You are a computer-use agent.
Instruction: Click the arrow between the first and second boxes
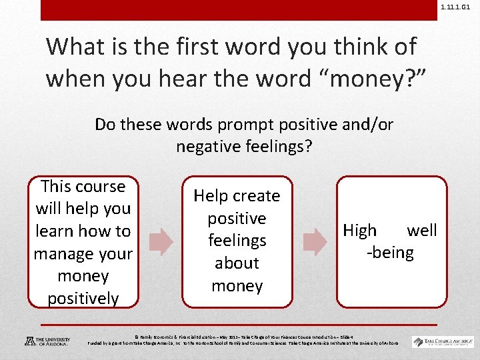(159, 241)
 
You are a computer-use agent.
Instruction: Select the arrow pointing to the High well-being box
(315, 241)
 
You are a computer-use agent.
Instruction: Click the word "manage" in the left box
(64, 253)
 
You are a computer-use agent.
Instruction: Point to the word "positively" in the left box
(83, 298)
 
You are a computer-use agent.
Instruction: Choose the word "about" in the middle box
(237, 263)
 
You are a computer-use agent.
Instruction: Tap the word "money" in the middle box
(237, 286)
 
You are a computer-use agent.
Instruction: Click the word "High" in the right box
(359, 231)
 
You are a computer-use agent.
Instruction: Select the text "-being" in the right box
(390, 253)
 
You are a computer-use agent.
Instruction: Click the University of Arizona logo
(47, 341)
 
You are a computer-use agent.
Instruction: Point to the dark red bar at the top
(240, 9)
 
